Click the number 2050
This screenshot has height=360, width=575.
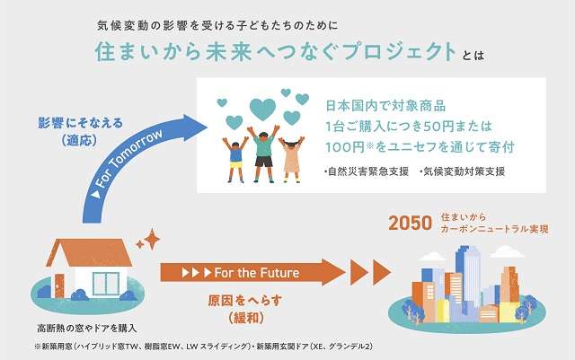410,224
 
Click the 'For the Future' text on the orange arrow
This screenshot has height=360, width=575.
257,273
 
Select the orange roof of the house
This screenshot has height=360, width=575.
90,252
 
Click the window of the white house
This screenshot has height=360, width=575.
106,284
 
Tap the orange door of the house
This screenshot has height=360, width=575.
59,286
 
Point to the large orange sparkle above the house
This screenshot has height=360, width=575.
152,239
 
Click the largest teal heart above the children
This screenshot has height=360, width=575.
262,110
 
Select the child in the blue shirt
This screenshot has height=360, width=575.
235,160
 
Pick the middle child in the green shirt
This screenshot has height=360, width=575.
263,154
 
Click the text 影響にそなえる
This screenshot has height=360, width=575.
80,123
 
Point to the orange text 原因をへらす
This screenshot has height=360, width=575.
245,301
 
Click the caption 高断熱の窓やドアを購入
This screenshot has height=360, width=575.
87,328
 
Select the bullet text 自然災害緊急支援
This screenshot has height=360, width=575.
367,171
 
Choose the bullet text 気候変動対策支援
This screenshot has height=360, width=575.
463,171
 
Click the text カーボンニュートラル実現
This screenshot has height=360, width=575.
495,229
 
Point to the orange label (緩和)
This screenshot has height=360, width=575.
246,318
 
